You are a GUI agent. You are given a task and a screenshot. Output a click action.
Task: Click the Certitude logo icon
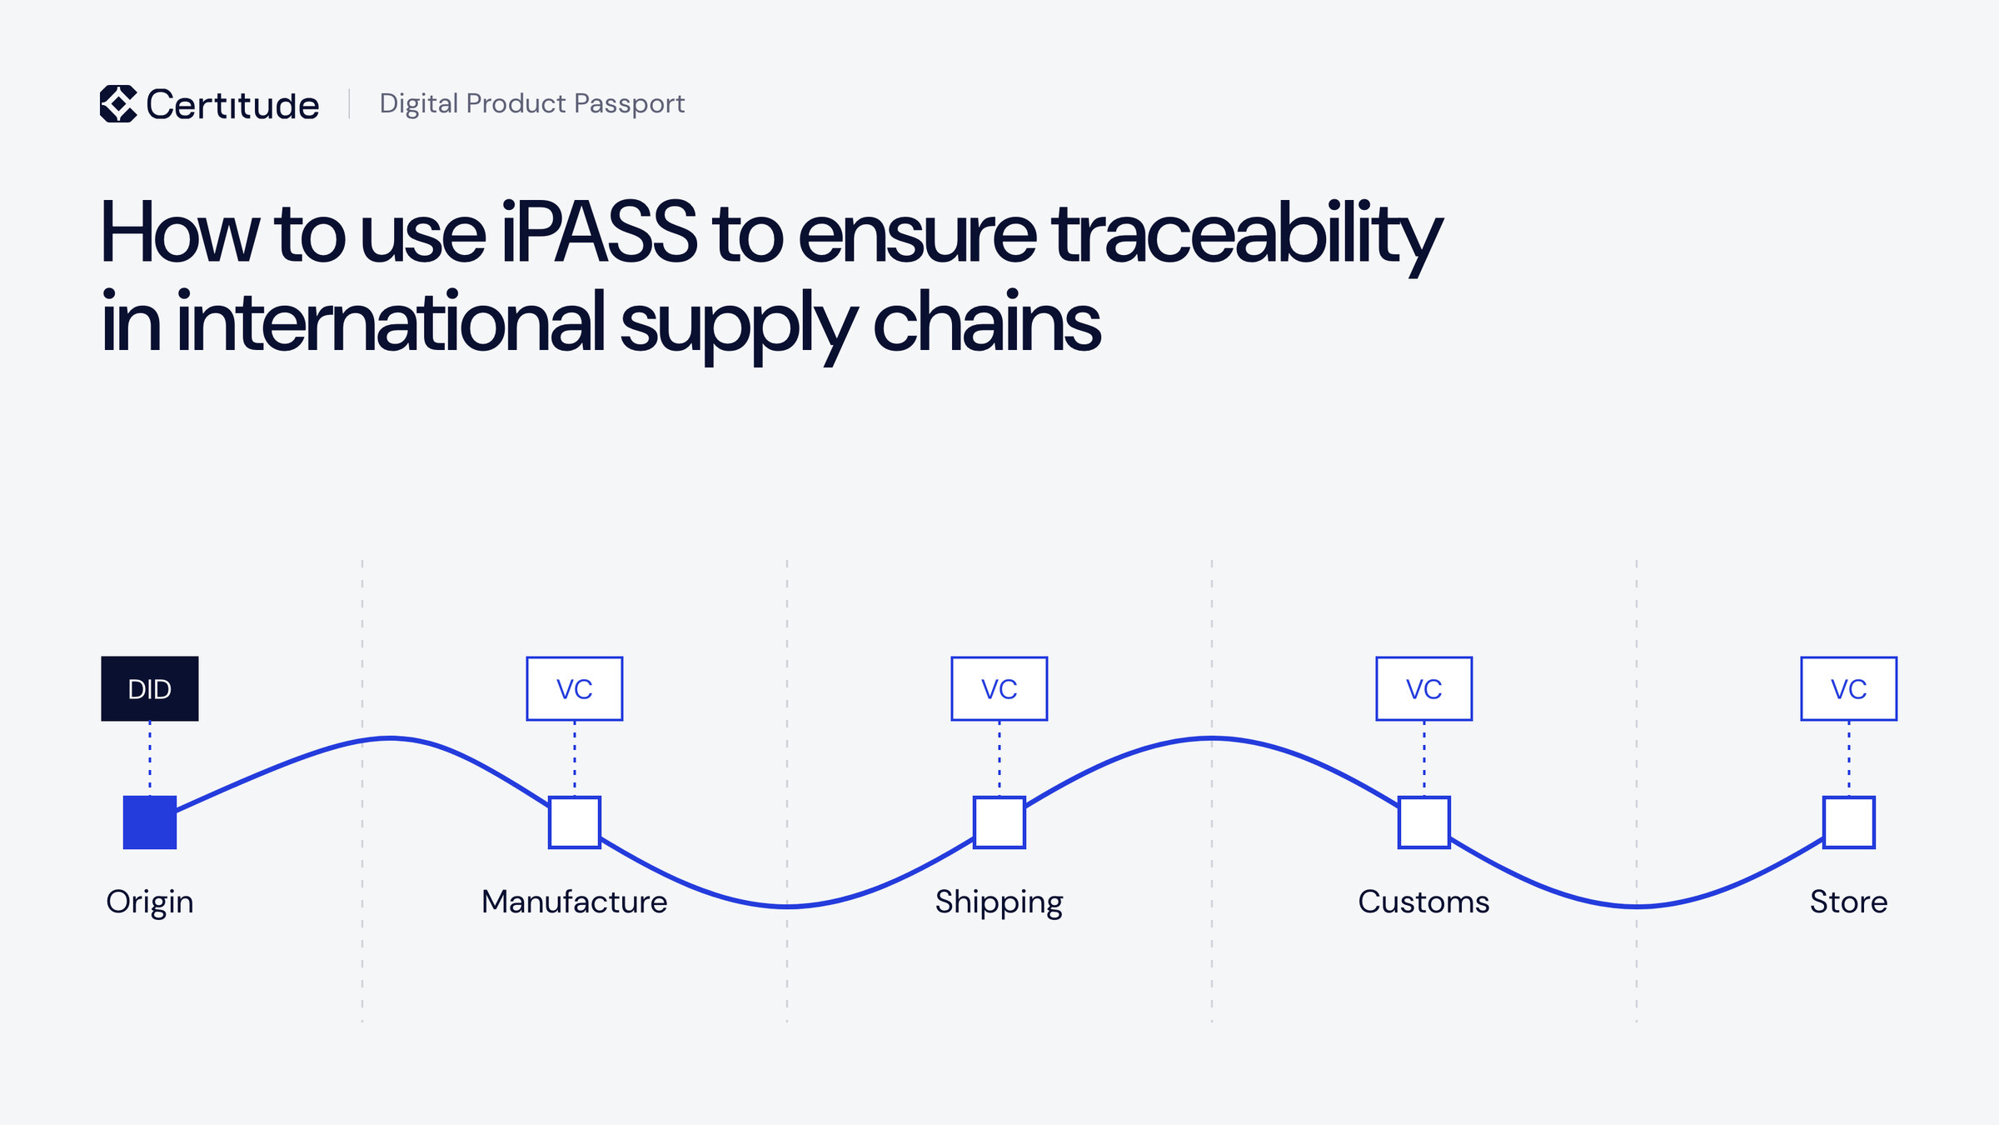pyautogui.click(x=118, y=104)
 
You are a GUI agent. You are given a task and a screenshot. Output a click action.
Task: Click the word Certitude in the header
pyautogui.click(x=232, y=105)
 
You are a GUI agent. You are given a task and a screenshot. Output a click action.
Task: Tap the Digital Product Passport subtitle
pyautogui.click(x=531, y=103)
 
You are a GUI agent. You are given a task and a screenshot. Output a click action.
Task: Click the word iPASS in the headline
pyautogui.click(x=599, y=232)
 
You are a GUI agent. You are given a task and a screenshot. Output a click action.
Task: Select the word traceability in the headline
pyautogui.click(x=1247, y=237)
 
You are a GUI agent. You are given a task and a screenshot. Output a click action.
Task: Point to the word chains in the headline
pyautogui.click(x=987, y=321)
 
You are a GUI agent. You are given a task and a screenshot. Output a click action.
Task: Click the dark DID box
pyautogui.click(x=150, y=688)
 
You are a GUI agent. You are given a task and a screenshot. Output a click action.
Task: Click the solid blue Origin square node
pyautogui.click(x=150, y=822)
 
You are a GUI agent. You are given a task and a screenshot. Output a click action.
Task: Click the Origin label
pyautogui.click(x=150, y=902)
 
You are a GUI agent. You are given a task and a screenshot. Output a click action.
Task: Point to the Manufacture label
pyautogui.click(x=575, y=902)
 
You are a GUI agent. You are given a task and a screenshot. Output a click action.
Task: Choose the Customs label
pyautogui.click(x=1424, y=902)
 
